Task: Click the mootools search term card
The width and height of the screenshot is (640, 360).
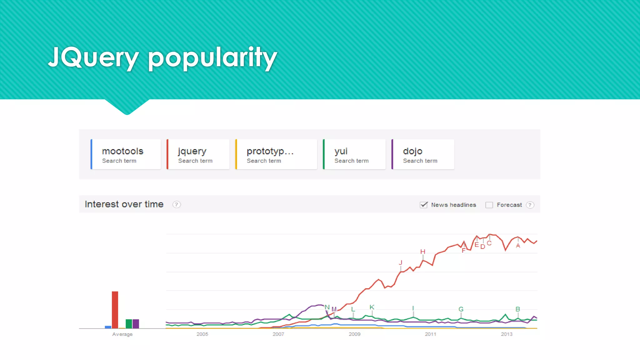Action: point(126,154)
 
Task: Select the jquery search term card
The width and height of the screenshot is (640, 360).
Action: point(198,154)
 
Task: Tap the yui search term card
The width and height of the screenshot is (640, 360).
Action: point(354,154)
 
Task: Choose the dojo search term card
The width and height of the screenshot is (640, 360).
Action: point(423,154)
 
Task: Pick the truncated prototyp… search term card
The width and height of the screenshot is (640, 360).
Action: point(276,154)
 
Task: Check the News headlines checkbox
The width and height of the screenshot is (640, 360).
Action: point(424,205)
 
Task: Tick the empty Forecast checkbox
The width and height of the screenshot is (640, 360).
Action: point(489,205)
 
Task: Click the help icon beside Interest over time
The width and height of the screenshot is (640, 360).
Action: point(177,204)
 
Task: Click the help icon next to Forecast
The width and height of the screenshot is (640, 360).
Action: point(530,205)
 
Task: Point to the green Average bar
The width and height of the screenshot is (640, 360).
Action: point(129,324)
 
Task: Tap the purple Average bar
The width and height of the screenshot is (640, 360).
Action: point(136,324)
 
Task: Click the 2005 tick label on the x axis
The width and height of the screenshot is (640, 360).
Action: point(202,334)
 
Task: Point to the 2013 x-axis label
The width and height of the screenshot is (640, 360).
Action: point(507,334)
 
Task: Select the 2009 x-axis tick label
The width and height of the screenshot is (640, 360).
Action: point(354,334)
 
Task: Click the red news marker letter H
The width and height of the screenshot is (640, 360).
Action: point(423,252)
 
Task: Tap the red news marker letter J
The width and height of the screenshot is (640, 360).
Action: point(400,262)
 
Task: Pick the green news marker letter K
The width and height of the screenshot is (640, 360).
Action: point(372,307)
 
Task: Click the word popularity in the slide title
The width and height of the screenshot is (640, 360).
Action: point(212,57)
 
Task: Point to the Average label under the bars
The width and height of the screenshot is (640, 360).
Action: point(122,334)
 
